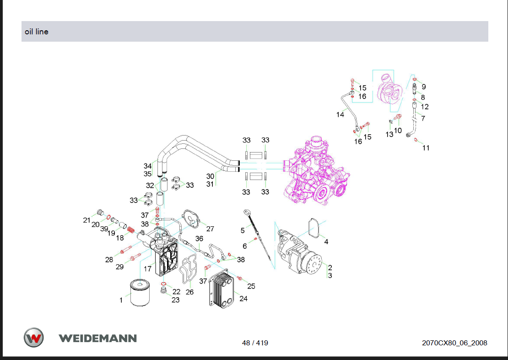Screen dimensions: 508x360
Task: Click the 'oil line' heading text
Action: click(x=37, y=32)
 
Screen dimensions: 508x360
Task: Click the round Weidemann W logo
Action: click(x=34, y=338)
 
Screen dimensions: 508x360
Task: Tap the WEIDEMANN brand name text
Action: click(x=97, y=338)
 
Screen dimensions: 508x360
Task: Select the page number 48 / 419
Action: click(x=255, y=343)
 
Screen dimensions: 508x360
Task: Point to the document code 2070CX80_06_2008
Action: click(x=454, y=343)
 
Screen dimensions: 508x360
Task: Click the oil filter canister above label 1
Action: click(x=140, y=293)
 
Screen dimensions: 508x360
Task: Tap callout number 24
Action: click(x=243, y=298)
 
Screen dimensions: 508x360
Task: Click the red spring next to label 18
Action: click(x=130, y=229)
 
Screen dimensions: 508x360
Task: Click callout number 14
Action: click(x=340, y=115)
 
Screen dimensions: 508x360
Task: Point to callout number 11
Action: click(x=426, y=148)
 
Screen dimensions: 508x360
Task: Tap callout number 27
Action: click(x=210, y=229)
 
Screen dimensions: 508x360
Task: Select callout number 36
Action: click(x=199, y=238)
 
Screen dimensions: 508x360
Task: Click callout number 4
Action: click(x=326, y=242)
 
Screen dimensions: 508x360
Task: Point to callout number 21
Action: click(x=86, y=220)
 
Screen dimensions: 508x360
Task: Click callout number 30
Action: click(x=210, y=176)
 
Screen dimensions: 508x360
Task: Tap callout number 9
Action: click(x=424, y=87)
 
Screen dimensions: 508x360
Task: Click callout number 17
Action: click(x=147, y=268)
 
